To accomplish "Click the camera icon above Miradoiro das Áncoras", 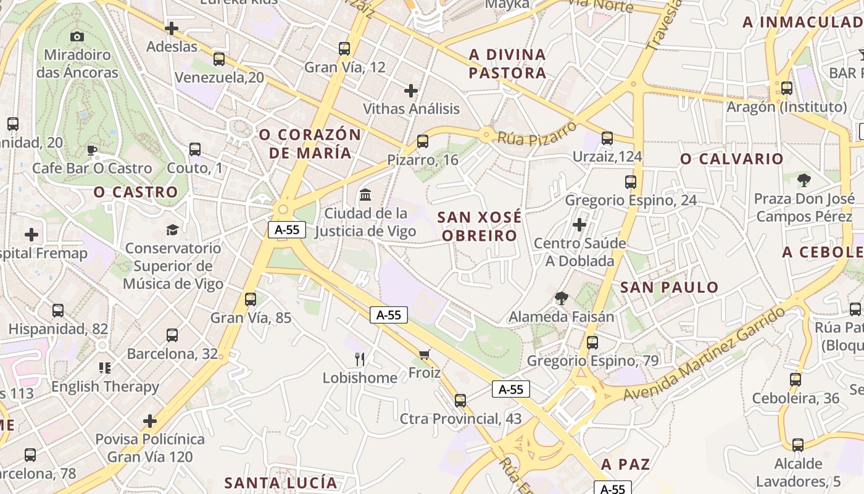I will tap(77, 36).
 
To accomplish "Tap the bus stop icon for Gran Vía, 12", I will tap(344, 49).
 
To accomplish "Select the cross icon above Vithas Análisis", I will tap(411, 91).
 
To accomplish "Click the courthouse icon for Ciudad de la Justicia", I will tap(365, 195).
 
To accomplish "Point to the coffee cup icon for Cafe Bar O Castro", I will tap(92, 150).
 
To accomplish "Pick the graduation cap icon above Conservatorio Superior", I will tap(172, 230).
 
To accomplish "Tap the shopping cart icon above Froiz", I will tap(424, 354).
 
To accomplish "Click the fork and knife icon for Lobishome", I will tap(360, 359).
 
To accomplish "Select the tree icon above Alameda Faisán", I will tap(562, 299).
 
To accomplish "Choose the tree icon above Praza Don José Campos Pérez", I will tap(804, 180).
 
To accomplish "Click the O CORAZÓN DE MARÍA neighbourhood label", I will tap(310, 143).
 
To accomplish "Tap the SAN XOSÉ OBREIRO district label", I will tap(480, 226).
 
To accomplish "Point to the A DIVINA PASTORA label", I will tap(507, 64).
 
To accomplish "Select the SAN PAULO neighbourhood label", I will tap(670, 287).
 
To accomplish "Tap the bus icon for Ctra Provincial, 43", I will tap(460, 401).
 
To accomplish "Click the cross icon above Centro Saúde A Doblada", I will tap(579, 225).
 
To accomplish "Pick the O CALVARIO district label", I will tap(731, 159).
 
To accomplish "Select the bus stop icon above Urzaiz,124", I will tap(607, 138).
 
